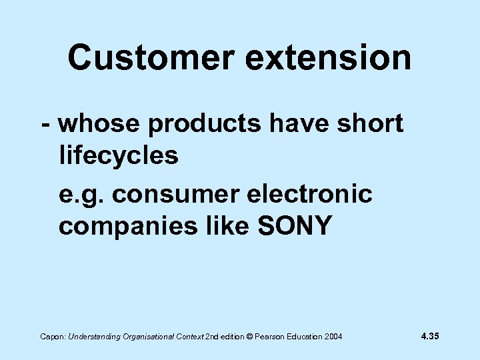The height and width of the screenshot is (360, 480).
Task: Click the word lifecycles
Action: pos(119,157)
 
